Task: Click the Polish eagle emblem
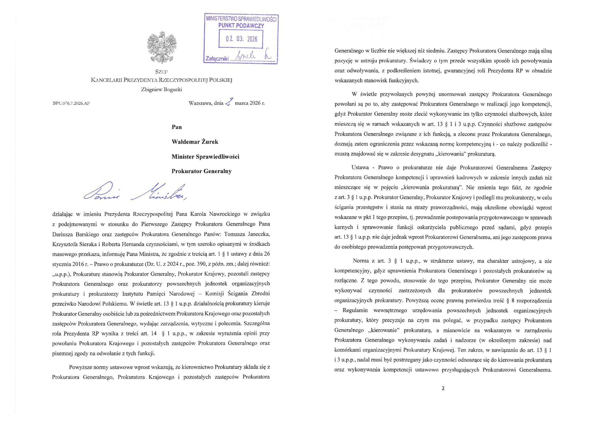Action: (x=162, y=47)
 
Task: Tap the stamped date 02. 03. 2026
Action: (x=241, y=39)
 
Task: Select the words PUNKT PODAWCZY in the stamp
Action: (x=241, y=26)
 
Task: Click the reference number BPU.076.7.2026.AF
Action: (x=71, y=103)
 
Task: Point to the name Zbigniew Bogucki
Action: (x=162, y=89)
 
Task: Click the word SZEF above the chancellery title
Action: (x=162, y=71)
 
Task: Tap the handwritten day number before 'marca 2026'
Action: (x=229, y=102)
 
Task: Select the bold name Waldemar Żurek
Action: (x=195, y=142)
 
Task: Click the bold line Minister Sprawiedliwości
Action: (x=205, y=157)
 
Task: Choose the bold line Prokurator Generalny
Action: (x=201, y=171)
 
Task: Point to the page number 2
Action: (x=443, y=388)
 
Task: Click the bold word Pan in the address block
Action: (x=177, y=127)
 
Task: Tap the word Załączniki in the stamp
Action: (x=217, y=59)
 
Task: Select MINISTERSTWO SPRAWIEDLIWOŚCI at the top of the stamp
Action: (x=241, y=19)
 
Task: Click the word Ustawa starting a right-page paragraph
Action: (x=360, y=168)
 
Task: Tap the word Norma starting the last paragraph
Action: (x=361, y=261)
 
